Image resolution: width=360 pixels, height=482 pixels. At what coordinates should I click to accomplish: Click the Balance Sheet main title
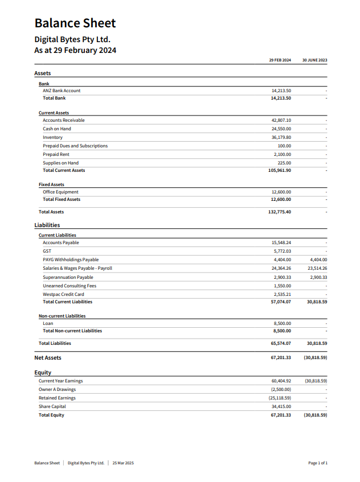[75, 23]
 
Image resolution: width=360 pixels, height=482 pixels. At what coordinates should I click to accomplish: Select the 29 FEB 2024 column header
[280, 60]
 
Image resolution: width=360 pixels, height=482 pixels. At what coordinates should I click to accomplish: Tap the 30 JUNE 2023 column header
[314, 60]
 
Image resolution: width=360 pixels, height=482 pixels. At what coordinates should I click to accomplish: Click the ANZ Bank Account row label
[62, 90]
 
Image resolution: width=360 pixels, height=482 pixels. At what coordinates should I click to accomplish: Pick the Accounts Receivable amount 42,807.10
[281, 120]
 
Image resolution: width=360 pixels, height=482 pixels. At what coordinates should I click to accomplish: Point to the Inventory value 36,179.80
[281, 137]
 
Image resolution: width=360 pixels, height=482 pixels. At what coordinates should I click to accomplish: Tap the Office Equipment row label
[60, 192]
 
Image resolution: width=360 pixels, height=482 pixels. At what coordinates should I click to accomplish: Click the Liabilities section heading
[47, 225]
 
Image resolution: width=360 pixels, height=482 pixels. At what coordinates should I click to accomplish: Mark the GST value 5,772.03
[282, 251]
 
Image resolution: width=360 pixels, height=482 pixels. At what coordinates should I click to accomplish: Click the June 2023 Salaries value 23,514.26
[317, 268]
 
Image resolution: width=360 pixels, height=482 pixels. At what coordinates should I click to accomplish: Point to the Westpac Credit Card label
[63, 294]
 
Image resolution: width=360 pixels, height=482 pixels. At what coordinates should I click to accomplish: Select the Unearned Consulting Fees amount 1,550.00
[282, 286]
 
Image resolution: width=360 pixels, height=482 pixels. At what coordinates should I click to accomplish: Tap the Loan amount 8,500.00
[282, 323]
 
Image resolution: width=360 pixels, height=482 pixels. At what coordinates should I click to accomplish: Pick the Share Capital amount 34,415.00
[281, 406]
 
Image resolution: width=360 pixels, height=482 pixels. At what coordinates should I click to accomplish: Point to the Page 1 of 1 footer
[318, 463]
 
